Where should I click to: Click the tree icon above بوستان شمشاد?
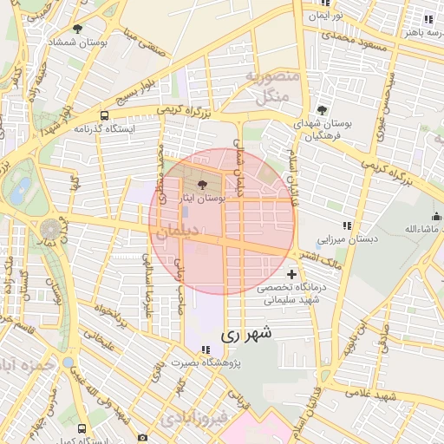coord(78,29)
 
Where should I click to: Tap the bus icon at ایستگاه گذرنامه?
coord(105,115)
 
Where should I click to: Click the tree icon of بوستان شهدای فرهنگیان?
coord(323,110)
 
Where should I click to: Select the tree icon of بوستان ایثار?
coord(203,184)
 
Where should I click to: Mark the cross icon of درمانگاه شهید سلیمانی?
coord(291,274)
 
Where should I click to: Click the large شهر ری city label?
coord(246,333)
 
